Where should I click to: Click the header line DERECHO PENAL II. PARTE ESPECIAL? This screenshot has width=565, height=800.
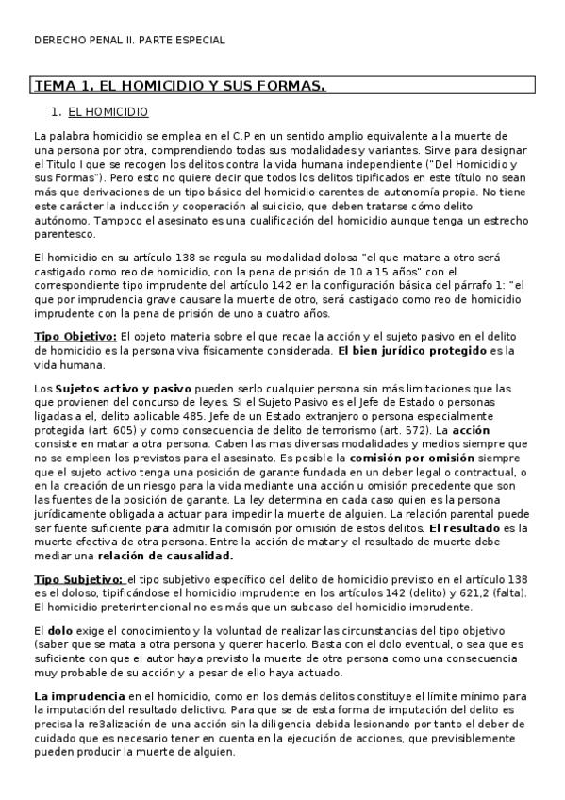(x=129, y=41)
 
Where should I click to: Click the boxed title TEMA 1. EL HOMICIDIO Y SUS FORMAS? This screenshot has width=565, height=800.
(x=179, y=86)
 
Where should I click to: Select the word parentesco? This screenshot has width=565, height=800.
(x=63, y=233)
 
